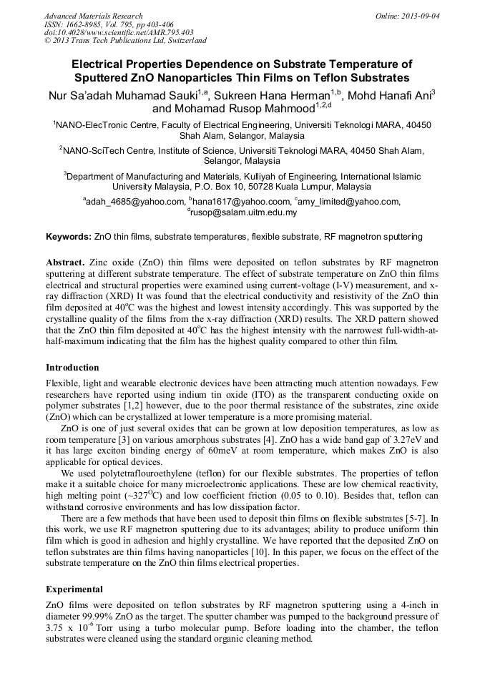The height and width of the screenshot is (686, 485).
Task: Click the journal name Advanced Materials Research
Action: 93,16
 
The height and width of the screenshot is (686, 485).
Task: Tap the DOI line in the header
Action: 118,32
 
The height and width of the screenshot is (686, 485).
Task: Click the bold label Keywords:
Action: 69,237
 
